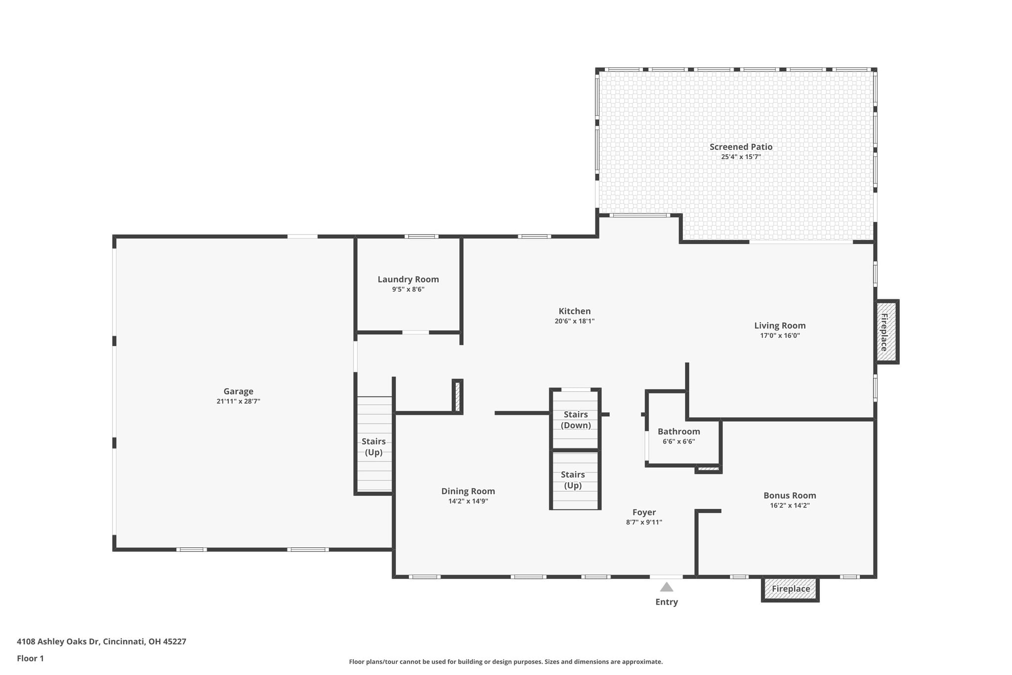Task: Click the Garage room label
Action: click(238, 391)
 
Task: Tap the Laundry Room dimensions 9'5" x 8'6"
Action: click(408, 289)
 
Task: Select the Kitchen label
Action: click(574, 311)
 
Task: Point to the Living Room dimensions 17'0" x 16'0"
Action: click(780, 336)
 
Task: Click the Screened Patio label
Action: click(741, 146)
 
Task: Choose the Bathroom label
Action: click(678, 431)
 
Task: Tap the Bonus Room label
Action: click(790, 495)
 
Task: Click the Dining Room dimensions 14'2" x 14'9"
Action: click(468, 501)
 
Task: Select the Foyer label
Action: click(644, 512)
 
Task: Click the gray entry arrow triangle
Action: click(667, 587)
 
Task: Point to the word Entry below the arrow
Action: click(667, 602)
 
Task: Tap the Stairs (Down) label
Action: click(576, 420)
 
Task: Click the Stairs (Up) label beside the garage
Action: click(374, 447)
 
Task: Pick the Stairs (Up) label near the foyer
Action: click(573, 480)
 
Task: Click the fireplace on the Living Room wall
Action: click(886, 332)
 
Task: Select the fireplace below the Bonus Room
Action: click(790, 589)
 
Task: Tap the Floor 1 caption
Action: click(30, 658)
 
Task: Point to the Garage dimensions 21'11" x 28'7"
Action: click(238, 402)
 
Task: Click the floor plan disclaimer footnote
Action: click(506, 662)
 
